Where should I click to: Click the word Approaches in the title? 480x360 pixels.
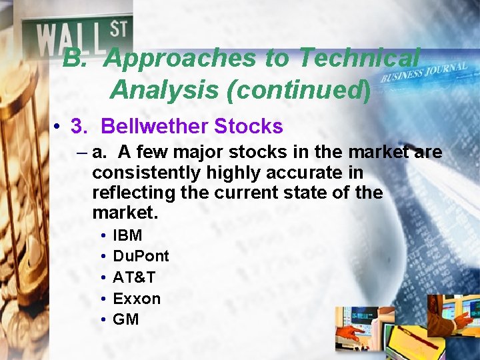pos(181,59)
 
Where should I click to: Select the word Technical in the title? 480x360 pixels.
pos(359,59)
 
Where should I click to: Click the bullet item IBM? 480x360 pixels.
pos(127,235)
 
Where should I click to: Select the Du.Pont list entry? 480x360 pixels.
pos(141,256)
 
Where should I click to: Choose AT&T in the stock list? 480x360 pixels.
pos(134,277)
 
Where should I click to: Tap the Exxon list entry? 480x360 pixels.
pos(137,298)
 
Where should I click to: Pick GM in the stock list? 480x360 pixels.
pos(126,319)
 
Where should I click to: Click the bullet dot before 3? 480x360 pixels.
pos(59,127)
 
